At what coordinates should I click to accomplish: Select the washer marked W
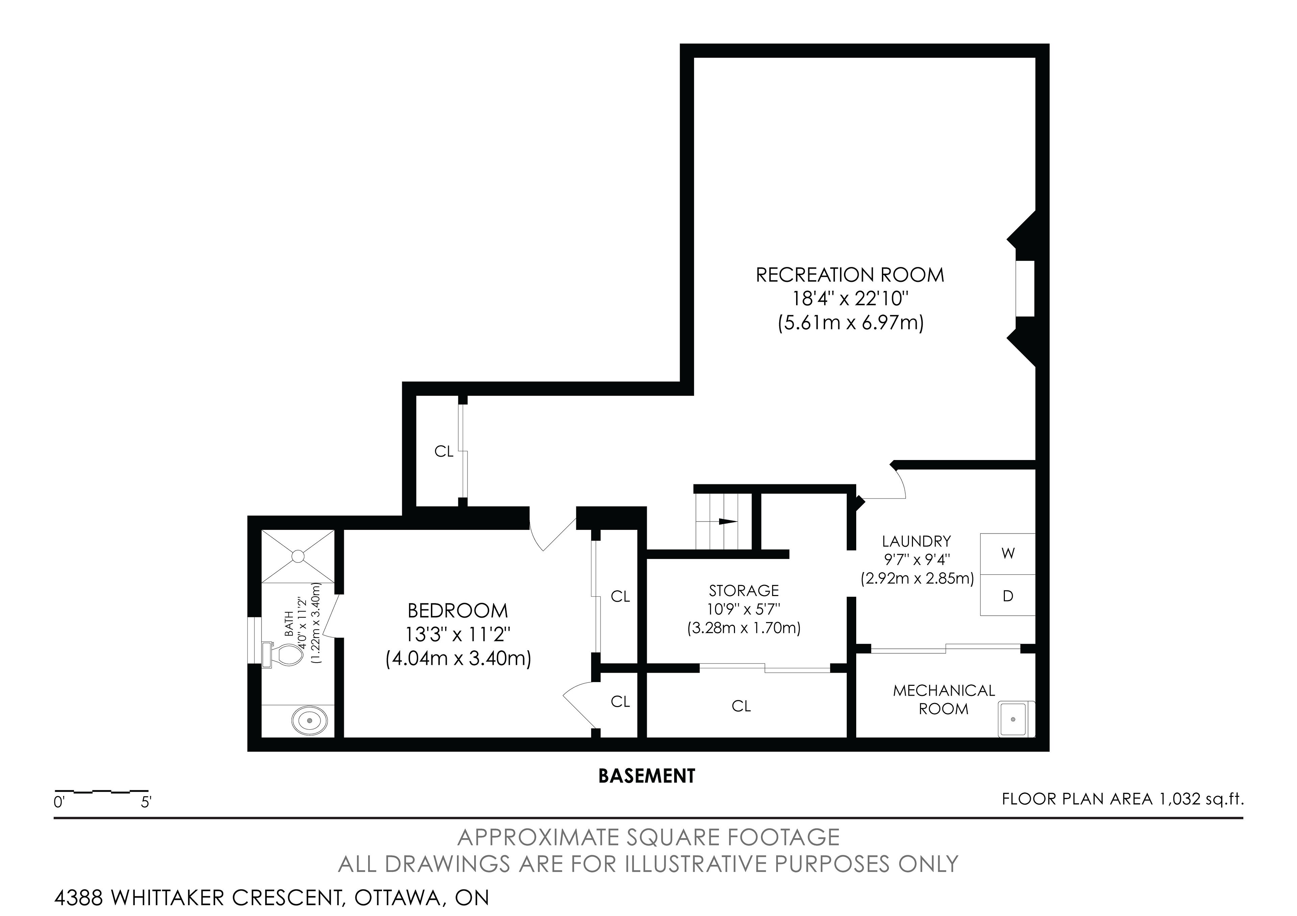[x=1008, y=554]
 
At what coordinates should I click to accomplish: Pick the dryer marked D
[x=1008, y=595]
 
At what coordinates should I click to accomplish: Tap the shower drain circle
[x=298, y=557]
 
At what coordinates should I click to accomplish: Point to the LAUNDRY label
[x=916, y=541]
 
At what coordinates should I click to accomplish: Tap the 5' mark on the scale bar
[x=146, y=802]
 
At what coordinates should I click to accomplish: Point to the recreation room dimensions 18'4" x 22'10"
[x=850, y=299]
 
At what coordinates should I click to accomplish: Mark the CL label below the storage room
[x=741, y=706]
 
